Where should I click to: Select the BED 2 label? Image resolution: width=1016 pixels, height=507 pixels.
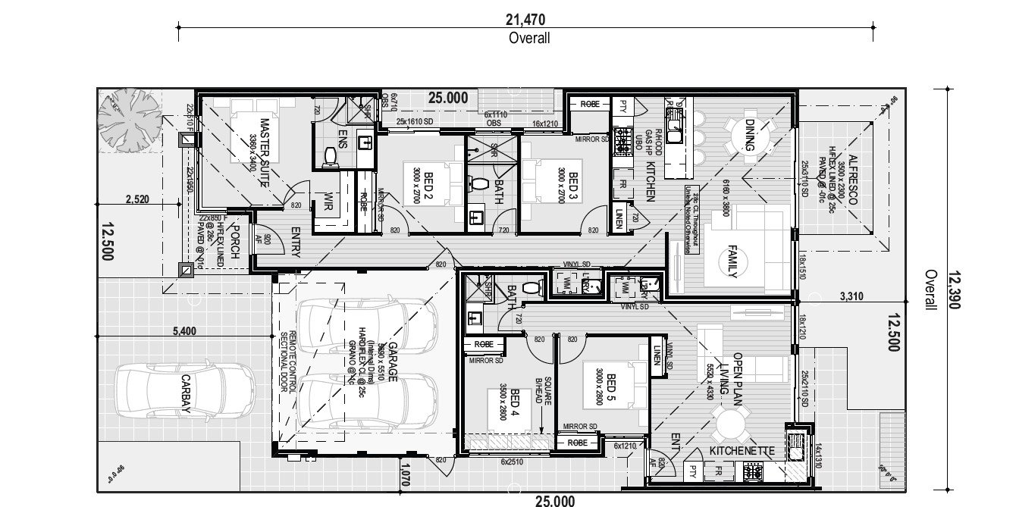point(428,188)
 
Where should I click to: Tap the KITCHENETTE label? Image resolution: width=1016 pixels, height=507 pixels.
point(742,451)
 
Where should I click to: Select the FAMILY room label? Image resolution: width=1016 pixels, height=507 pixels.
point(732,261)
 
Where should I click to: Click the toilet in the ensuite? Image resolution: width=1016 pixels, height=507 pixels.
point(331,155)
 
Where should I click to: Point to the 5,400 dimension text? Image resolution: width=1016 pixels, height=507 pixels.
point(185,330)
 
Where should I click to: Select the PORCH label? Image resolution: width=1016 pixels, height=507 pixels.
point(234,243)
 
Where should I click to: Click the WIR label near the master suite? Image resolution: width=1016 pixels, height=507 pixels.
point(328,202)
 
